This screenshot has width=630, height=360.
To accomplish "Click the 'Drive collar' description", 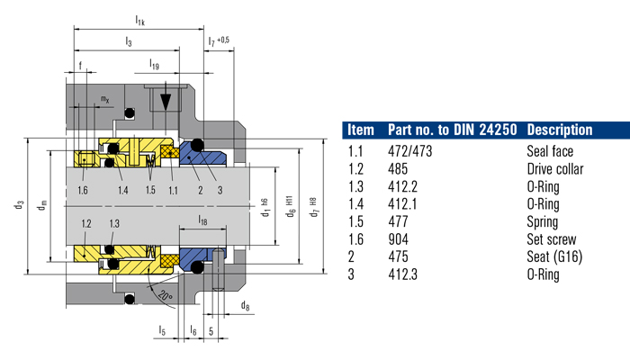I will [x=554, y=169].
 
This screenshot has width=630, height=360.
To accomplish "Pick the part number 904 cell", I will [x=398, y=239].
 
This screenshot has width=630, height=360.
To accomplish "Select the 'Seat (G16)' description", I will [x=555, y=256].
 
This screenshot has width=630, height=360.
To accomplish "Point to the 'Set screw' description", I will [x=550, y=239].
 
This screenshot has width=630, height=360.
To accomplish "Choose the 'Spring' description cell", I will [x=542, y=221].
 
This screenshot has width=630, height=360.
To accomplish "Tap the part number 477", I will [x=398, y=221].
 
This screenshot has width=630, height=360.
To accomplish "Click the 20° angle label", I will [x=164, y=294].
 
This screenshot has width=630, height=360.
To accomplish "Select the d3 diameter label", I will [x=19, y=205].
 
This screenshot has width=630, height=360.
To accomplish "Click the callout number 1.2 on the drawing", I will [x=87, y=222].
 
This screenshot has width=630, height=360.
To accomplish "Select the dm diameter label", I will [x=40, y=207].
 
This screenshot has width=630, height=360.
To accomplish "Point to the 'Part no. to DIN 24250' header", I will [x=451, y=130].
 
